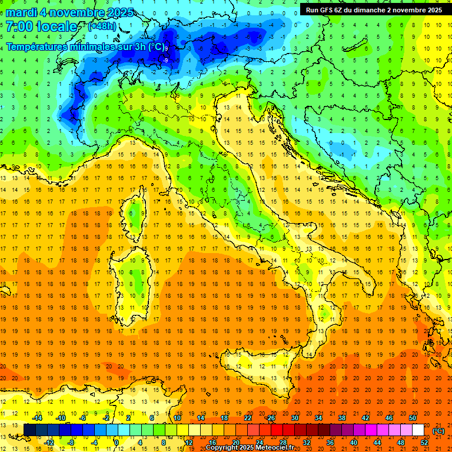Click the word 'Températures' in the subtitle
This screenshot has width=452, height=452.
[36, 46]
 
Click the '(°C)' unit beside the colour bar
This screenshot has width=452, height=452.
[438, 430]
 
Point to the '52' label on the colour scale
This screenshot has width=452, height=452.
[424, 442]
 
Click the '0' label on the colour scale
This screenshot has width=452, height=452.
[117, 442]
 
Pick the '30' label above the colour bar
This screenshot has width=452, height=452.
[294, 418]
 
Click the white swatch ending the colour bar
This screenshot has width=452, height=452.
[418, 430]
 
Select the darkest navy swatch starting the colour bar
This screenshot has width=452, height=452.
[29, 430]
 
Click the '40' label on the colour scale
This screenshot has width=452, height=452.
[354, 442]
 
